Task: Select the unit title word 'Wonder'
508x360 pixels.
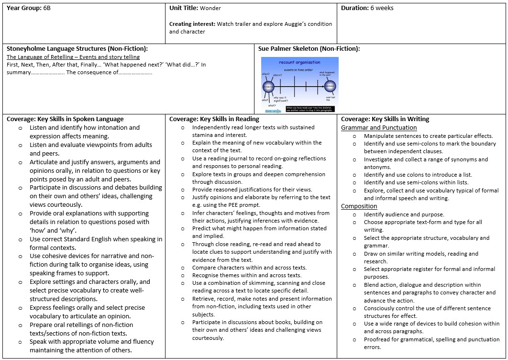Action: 210,8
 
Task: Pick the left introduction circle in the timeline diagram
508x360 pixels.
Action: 268,87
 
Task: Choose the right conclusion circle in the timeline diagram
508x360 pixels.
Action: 330,87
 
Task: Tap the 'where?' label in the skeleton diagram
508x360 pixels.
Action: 277,75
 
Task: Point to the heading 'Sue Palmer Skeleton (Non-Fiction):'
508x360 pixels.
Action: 309,48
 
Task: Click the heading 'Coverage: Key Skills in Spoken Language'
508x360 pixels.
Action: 65,119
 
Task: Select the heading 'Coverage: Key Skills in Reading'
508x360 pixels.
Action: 214,119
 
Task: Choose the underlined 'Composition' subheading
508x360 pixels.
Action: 359,206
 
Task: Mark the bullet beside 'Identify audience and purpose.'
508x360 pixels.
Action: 354,215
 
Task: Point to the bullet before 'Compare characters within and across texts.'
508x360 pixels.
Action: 183,268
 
